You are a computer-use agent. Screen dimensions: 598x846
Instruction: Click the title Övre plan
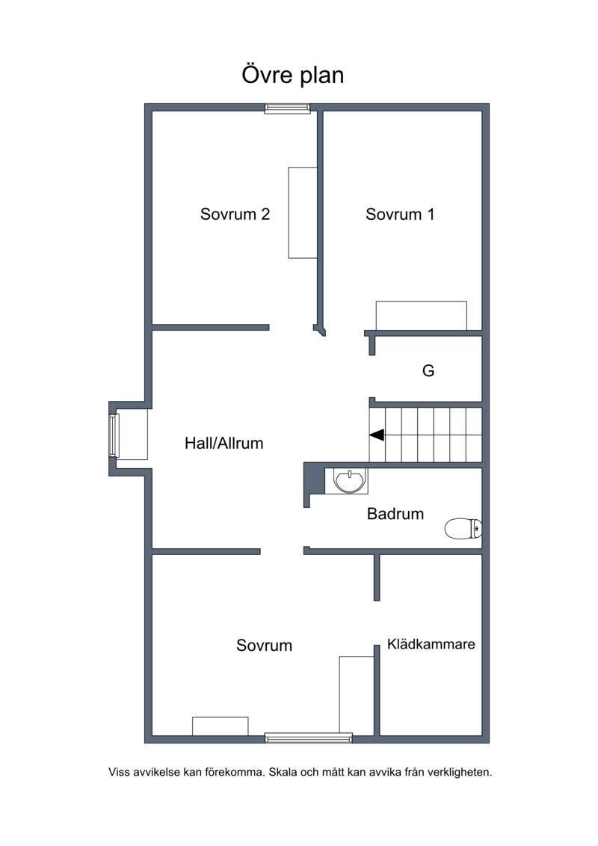pyautogui.click(x=293, y=75)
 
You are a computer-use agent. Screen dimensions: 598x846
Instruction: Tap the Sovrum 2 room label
pyautogui.click(x=235, y=214)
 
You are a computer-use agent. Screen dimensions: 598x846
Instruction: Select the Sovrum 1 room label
pyautogui.click(x=400, y=214)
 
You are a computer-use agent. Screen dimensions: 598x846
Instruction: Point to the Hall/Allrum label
pyautogui.click(x=224, y=443)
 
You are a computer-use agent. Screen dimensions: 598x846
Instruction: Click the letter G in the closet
pyautogui.click(x=428, y=371)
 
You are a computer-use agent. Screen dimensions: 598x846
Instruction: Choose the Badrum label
pyautogui.click(x=395, y=514)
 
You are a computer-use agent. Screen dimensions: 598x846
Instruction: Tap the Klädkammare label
pyautogui.click(x=431, y=644)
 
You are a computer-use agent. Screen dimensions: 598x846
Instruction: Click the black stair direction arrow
pyautogui.click(x=377, y=435)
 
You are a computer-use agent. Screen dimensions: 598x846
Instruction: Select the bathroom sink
pyautogui.click(x=349, y=481)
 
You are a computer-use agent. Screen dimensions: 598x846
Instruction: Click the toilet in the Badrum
pyautogui.click(x=463, y=529)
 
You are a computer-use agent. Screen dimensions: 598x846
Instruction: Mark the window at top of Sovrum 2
pyautogui.click(x=287, y=108)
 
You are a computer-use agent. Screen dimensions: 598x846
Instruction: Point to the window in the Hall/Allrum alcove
pyautogui.click(x=113, y=435)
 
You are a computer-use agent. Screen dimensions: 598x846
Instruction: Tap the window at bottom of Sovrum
pyautogui.click(x=309, y=738)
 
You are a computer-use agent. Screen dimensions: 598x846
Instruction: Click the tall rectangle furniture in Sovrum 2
pyautogui.click(x=303, y=212)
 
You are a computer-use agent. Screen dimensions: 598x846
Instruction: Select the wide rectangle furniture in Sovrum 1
pyautogui.click(x=421, y=316)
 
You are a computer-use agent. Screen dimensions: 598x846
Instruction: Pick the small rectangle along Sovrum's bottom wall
pyautogui.click(x=220, y=726)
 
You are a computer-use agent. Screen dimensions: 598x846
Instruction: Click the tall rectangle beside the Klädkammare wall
pyautogui.click(x=357, y=696)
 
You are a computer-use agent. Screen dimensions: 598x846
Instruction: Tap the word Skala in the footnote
pyautogui.click(x=282, y=772)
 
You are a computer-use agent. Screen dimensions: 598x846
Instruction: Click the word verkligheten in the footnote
pyautogui.click(x=460, y=772)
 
